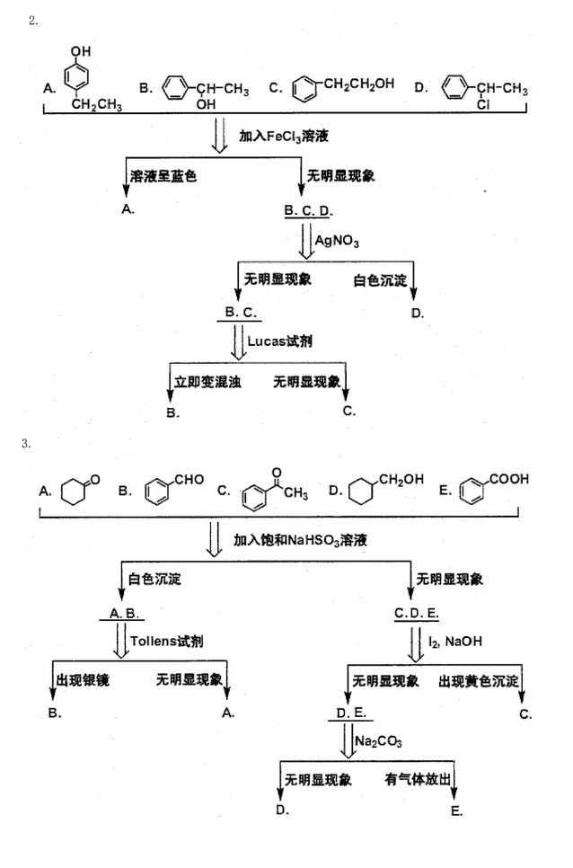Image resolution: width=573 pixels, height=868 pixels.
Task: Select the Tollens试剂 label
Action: (x=167, y=642)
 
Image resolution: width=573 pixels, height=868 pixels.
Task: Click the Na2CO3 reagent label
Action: (x=378, y=741)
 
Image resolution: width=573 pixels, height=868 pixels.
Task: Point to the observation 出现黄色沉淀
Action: (x=479, y=681)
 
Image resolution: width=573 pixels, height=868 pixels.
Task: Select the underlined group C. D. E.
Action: (x=417, y=613)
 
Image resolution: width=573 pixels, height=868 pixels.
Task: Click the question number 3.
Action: (x=32, y=442)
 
